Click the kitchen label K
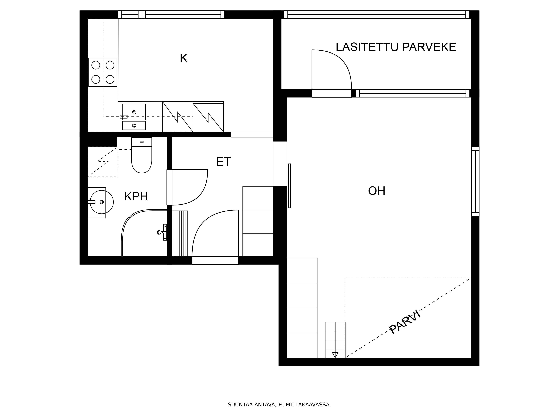[183, 58]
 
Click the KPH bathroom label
[136, 197]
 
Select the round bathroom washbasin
[102, 202]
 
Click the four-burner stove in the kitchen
[103, 72]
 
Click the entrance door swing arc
[202, 222]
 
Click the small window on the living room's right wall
[475, 182]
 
